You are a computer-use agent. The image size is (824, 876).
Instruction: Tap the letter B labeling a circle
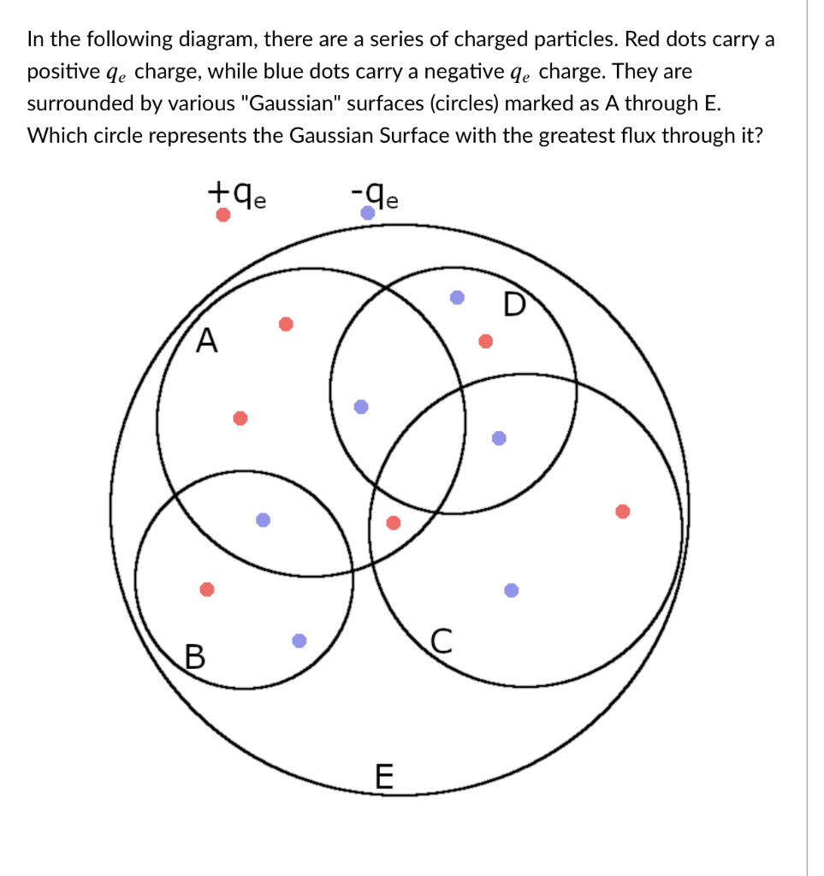pyautogui.click(x=196, y=657)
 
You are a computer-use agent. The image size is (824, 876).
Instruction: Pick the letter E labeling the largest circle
pyautogui.click(x=384, y=777)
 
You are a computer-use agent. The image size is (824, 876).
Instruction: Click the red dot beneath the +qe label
pyautogui.click(x=222, y=216)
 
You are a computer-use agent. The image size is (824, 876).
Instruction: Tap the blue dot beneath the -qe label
pyautogui.click(x=368, y=213)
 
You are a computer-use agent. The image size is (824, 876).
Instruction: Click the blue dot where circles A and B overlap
pyautogui.click(x=264, y=519)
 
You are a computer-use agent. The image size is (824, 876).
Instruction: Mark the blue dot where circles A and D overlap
pyautogui.click(x=362, y=406)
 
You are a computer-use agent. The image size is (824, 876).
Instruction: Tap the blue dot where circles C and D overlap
pyautogui.click(x=500, y=438)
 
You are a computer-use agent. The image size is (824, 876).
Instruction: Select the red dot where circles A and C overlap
pyautogui.click(x=394, y=523)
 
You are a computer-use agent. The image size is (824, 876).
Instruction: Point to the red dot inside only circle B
pyautogui.click(x=206, y=589)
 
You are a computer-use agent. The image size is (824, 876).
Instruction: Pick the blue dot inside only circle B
pyautogui.click(x=299, y=640)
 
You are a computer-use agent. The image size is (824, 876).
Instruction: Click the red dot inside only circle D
pyautogui.click(x=485, y=341)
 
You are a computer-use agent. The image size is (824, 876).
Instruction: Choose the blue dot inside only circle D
pyautogui.click(x=458, y=298)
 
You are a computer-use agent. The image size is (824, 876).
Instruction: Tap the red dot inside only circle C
pyautogui.click(x=623, y=511)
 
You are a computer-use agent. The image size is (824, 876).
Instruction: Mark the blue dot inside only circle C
pyautogui.click(x=511, y=589)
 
